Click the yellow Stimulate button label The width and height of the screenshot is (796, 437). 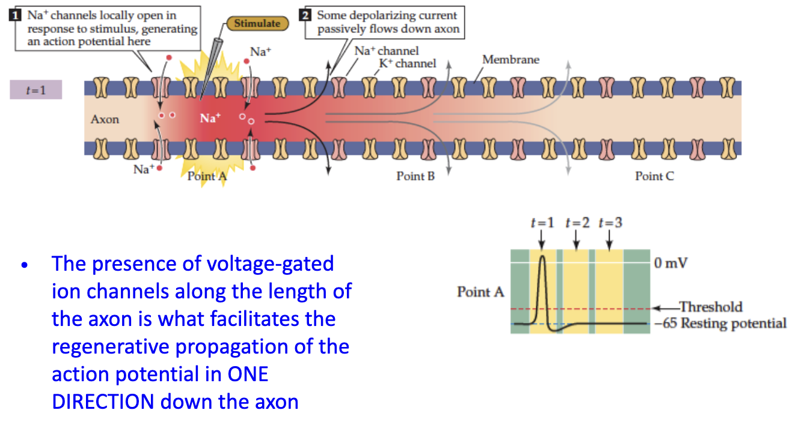pyautogui.click(x=257, y=23)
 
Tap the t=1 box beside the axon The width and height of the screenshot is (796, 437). pyautogui.click(x=35, y=90)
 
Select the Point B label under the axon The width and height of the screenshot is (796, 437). pyautogui.click(x=415, y=176)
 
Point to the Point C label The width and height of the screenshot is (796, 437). pyautogui.click(x=654, y=176)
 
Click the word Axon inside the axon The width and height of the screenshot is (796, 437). pyautogui.click(x=105, y=119)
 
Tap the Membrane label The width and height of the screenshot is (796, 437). pyautogui.click(x=510, y=59)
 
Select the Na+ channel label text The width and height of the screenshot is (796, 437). pyautogui.click(x=386, y=51)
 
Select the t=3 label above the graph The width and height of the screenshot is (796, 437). pyautogui.click(x=610, y=223)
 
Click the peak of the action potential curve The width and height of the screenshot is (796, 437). pyautogui.click(x=543, y=256)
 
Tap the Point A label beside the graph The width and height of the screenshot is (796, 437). pyautogui.click(x=480, y=292)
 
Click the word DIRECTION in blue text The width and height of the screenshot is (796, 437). pyautogui.click(x=103, y=402)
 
